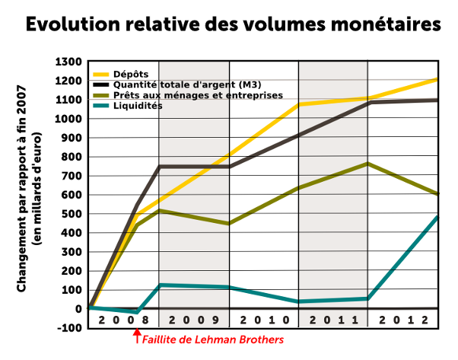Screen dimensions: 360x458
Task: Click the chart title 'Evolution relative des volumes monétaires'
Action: pos(234,25)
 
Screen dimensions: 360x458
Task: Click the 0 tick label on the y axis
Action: pos(79,309)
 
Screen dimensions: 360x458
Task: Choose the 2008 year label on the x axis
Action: pos(123,320)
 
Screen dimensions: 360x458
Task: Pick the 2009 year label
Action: pos(193,320)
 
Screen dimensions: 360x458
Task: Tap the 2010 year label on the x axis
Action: pos(263,320)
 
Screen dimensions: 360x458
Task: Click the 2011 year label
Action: pos(333,320)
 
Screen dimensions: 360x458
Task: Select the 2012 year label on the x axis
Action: pos(403,320)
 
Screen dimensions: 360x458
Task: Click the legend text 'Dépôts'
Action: pos(131,73)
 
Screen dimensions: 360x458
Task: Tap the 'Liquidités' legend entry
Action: pos(138,106)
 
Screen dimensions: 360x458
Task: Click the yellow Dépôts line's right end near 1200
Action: pos(437,80)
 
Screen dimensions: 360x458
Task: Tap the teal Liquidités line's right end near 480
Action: pos(437,218)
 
